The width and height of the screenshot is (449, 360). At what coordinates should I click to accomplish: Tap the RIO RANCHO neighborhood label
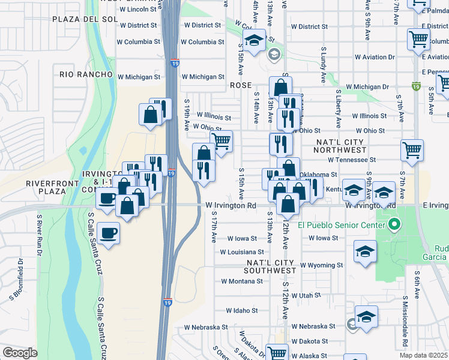[86, 74]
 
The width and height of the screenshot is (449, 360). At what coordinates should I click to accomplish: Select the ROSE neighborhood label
[240, 86]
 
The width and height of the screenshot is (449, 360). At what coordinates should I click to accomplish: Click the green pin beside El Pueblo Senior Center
[394, 226]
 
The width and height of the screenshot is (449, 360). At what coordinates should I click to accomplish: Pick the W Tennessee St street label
[352, 160]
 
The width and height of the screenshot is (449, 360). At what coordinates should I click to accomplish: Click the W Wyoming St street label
[321, 265]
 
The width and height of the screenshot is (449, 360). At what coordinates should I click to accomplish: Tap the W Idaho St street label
[242, 311]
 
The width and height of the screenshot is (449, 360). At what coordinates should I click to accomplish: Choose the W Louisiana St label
[242, 253]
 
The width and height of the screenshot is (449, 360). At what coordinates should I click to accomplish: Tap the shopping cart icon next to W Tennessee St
[412, 151]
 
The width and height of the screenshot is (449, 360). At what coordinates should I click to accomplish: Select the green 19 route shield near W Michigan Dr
[416, 86]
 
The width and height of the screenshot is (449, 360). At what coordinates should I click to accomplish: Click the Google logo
[20, 353]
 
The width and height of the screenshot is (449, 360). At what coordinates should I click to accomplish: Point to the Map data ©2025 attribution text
[424, 355]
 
